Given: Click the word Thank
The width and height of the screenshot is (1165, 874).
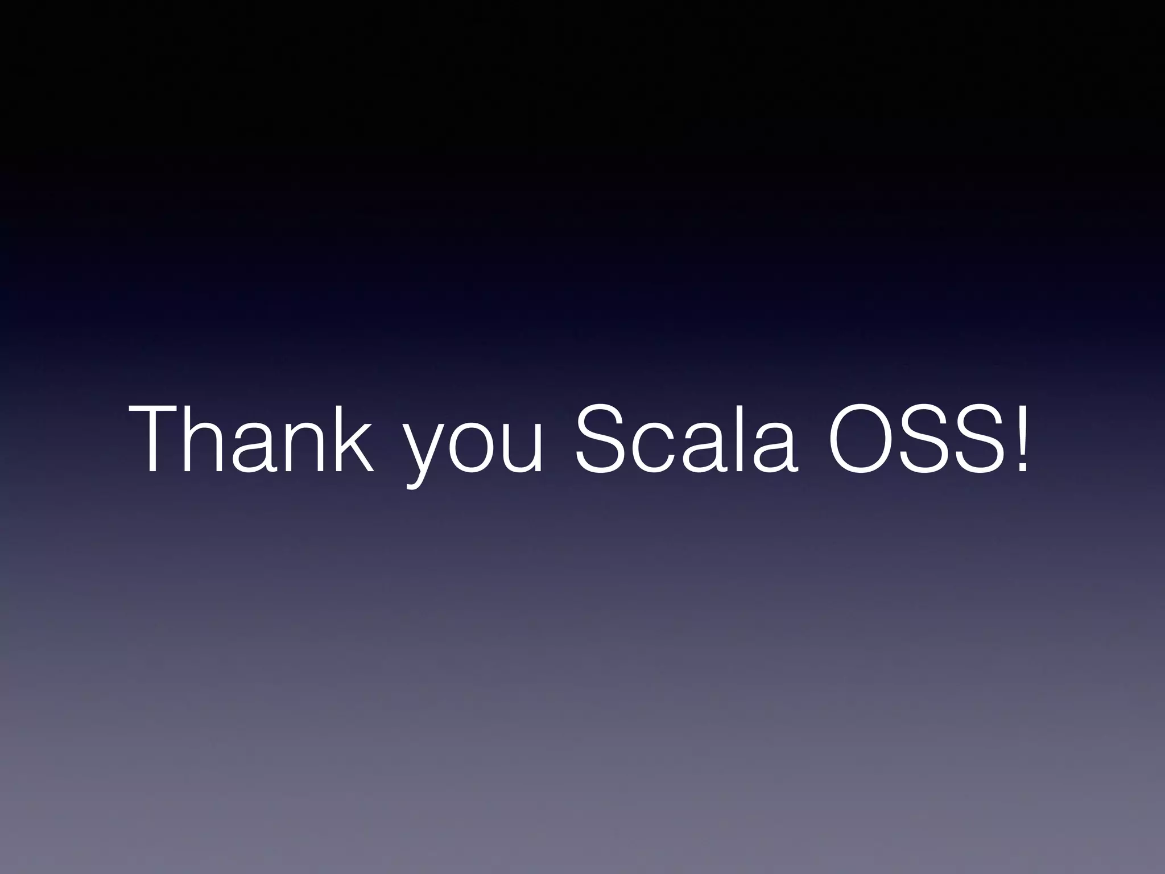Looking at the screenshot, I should [253, 439].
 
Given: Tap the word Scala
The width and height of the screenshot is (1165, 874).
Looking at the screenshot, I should [686, 439].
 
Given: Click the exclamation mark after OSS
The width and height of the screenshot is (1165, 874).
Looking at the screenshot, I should [1022, 439].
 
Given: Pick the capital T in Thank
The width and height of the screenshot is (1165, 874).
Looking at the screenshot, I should [159, 439].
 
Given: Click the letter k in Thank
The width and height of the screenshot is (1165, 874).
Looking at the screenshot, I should [353, 439].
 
